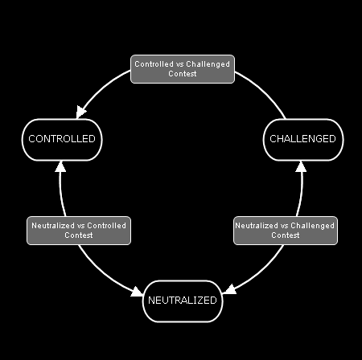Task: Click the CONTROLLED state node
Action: pos(62,140)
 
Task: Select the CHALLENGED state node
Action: pos(303,140)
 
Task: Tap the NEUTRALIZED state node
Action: pos(183,301)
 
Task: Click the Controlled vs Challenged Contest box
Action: pos(183,69)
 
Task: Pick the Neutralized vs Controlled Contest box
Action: pos(79,231)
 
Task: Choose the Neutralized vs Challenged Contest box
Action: pos(286,231)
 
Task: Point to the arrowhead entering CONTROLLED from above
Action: pos(80,112)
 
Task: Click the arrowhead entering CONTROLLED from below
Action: pos(60,166)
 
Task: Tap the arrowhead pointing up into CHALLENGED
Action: pos(301,166)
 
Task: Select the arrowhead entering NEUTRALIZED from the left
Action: pos(137,292)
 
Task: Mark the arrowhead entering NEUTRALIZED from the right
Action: pos(229,289)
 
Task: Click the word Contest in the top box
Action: pos(183,74)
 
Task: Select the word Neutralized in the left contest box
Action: pos(53,226)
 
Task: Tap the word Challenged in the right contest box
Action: pos(312,226)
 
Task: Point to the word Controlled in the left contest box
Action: pos(106,226)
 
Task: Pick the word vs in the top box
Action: pos(179,64)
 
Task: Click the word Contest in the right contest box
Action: pos(286,235)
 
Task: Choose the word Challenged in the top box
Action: pos(208,64)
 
